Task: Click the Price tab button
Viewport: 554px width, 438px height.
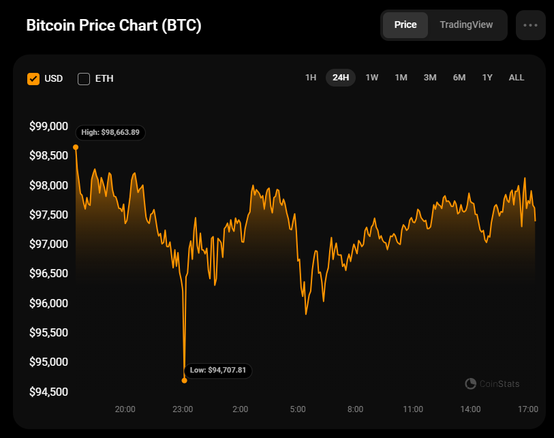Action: click(405, 25)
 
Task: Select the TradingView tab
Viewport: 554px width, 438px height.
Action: click(466, 25)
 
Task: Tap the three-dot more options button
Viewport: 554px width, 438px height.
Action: click(531, 25)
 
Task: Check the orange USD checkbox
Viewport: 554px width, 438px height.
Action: click(33, 78)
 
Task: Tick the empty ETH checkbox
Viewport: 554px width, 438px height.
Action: click(84, 78)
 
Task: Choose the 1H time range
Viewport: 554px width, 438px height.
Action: click(311, 78)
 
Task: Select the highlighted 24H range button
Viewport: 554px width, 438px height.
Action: click(341, 78)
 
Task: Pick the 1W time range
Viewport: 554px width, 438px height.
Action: click(372, 78)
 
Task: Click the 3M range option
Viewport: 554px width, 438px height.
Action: click(430, 78)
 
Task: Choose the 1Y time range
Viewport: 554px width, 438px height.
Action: click(487, 78)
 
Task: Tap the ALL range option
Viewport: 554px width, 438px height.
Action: click(517, 78)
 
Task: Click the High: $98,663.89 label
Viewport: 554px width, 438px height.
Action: click(110, 132)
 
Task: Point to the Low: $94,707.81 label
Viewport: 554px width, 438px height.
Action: click(219, 370)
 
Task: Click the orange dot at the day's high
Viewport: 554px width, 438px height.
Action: click(76, 147)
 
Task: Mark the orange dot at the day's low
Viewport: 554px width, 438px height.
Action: click(185, 381)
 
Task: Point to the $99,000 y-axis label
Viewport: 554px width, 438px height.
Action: click(48, 126)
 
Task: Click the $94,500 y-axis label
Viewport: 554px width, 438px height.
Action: click(48, 392)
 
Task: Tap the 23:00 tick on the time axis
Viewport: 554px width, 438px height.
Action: click(183, 409)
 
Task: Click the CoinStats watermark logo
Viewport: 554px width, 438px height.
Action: click(471, 384)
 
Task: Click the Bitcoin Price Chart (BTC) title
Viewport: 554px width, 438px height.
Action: click(114, 25)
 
